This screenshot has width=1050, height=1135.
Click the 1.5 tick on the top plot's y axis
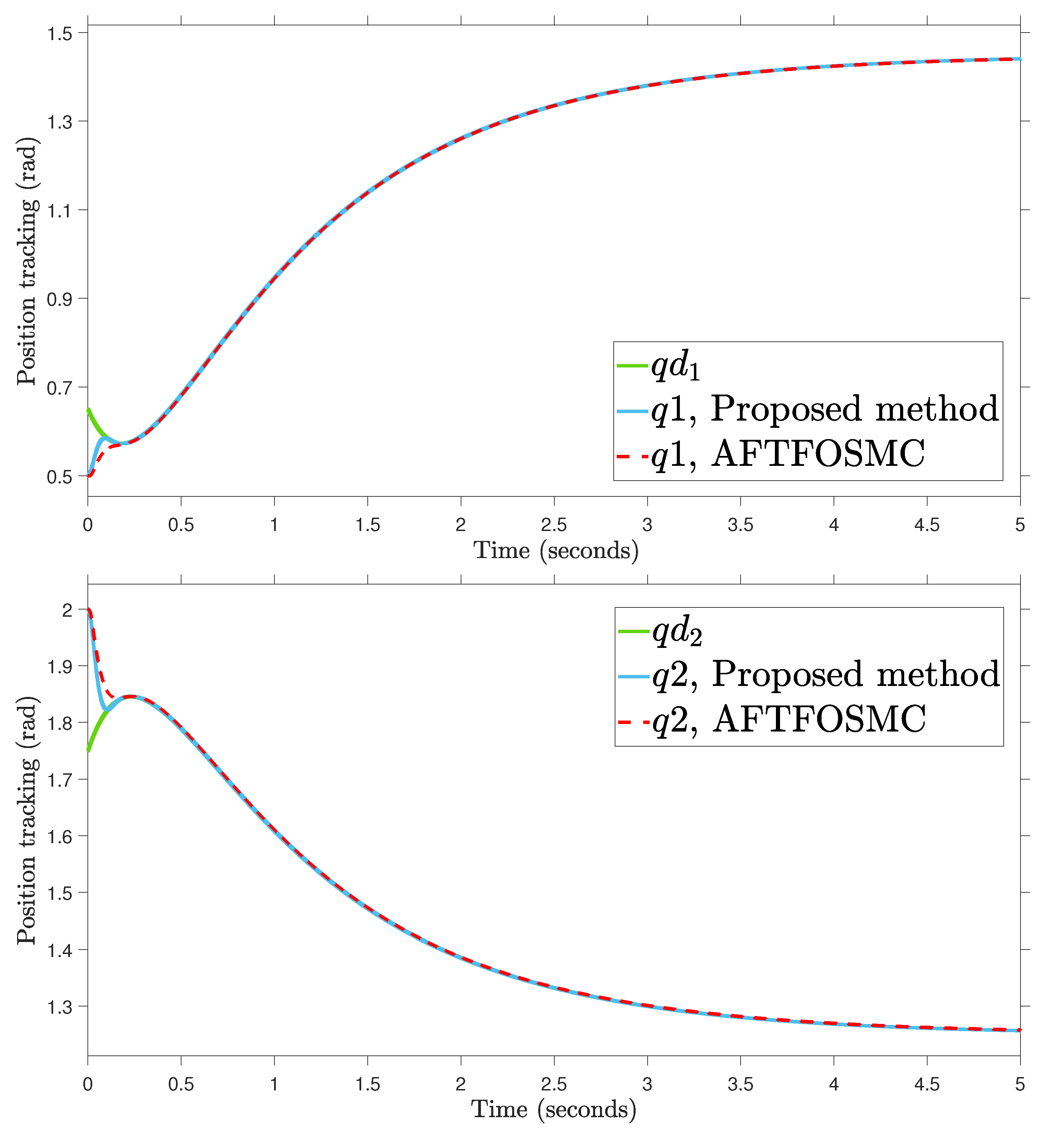tap(60, 34)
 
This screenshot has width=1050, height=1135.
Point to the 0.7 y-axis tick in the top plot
tap(60, 388)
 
